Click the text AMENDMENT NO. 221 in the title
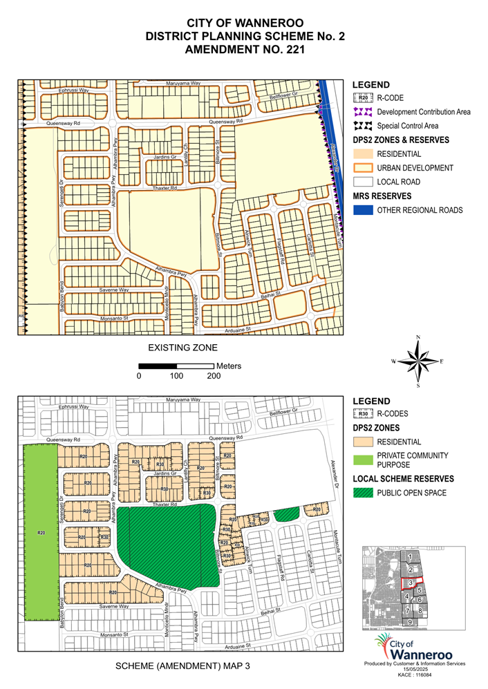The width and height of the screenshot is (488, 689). [x=243, y=50]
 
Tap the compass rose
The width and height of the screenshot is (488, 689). [x=418, y=361]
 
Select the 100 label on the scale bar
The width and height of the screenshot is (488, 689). [x=176, y=377]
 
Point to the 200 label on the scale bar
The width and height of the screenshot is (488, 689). [x=214, y=377]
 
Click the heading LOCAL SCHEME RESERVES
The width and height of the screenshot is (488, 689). [x=403, y=479]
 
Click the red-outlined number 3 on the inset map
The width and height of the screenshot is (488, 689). [x=411, y=583]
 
